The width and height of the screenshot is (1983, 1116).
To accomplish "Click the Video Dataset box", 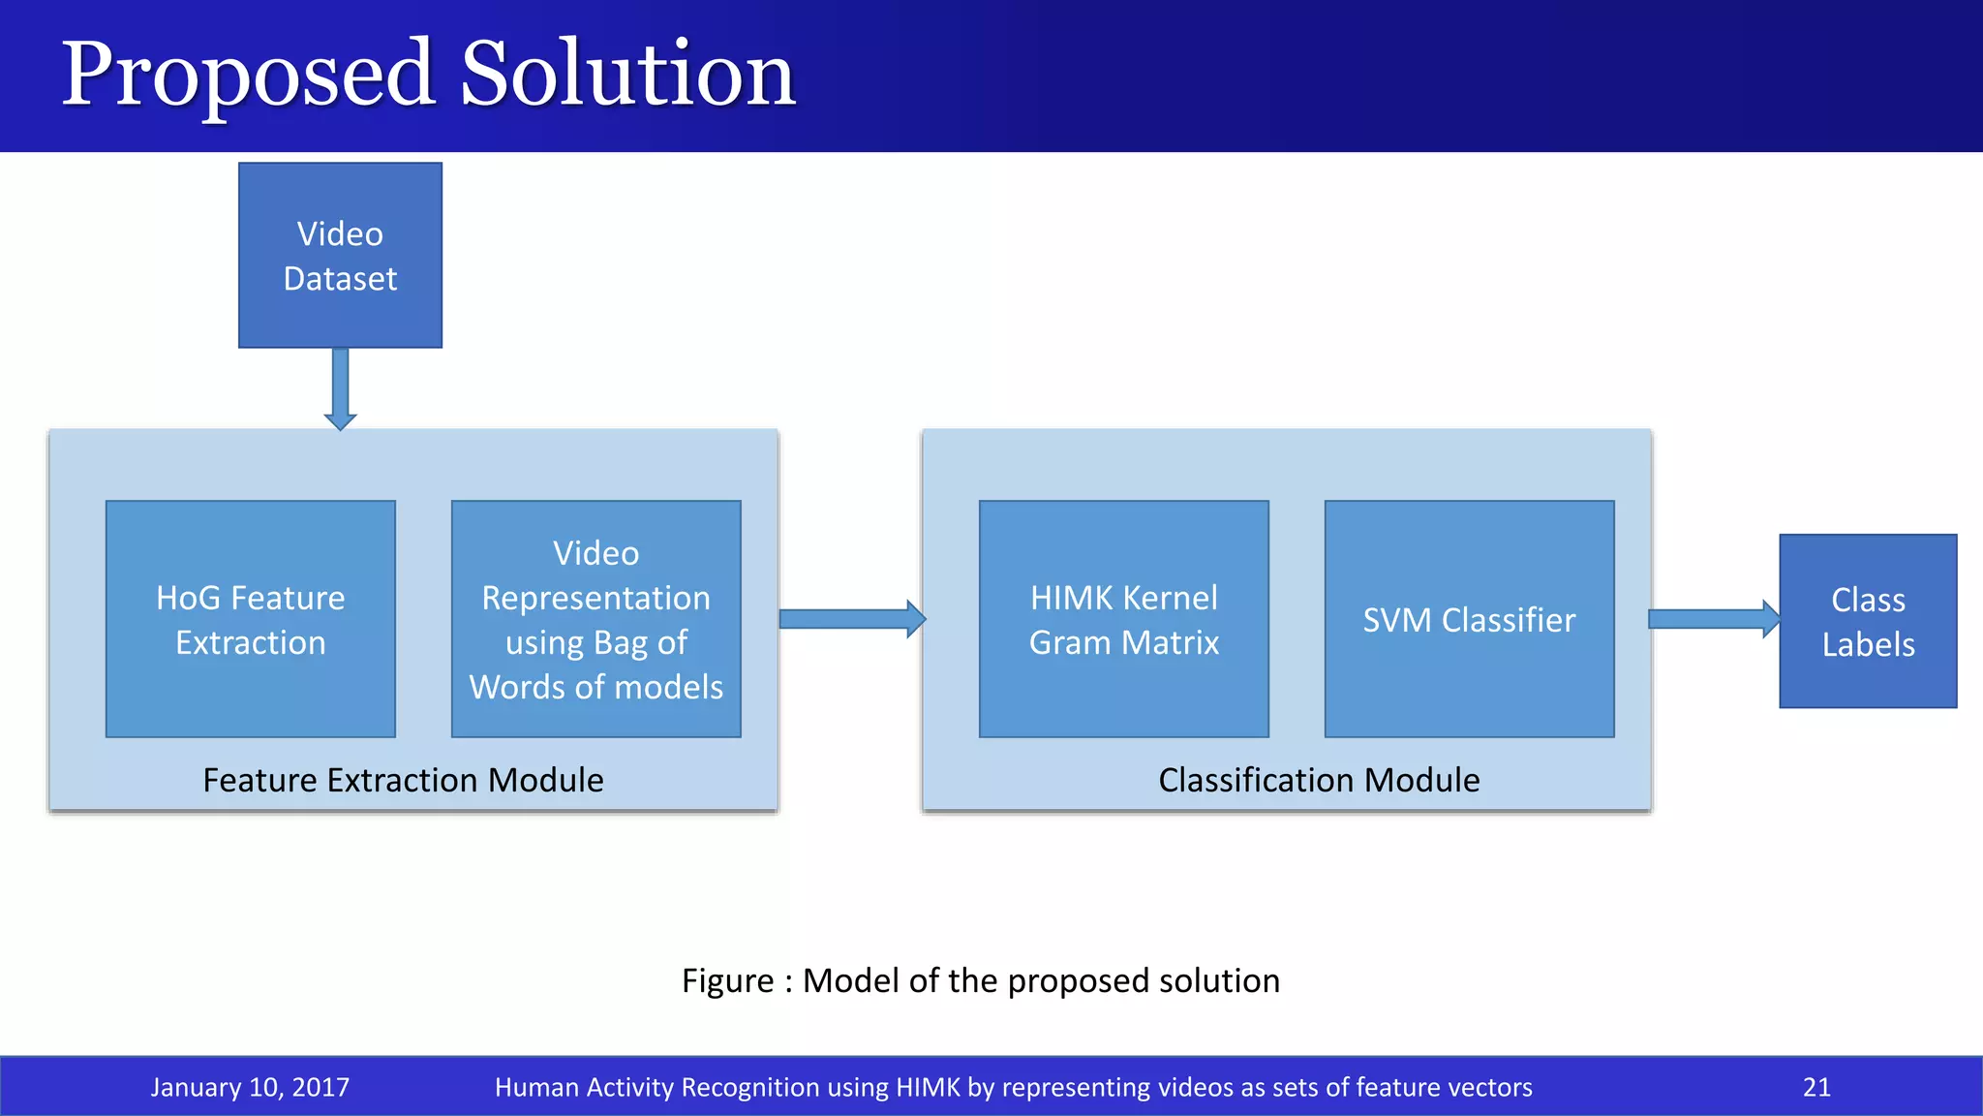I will pyautogui.click(x=340, y=255).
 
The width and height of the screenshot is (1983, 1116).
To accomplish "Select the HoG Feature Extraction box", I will pyautogui.click(x=250, y=619).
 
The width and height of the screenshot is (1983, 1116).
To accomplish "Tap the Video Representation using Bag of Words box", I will pyautogui.click(x=595, y=619).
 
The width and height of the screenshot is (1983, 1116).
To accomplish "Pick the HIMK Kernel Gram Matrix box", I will pyautogui.click(x=1123, y=619).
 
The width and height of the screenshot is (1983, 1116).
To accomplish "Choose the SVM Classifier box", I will pyautogui.click(x=1469, y=619).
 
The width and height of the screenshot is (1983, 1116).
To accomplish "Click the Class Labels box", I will pyautogui.click(x=1868, y=621).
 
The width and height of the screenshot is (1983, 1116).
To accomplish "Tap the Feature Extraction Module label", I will pyautogui.click(x=403, y=780).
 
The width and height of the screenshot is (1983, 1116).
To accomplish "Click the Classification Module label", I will pyautogui.click(x=1319, y=780).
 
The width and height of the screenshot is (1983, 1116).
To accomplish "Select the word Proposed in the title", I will pyautogui.click(x=248, y=76).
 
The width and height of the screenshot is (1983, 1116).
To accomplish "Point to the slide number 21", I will pyautogui.click(x=1816, y=1087).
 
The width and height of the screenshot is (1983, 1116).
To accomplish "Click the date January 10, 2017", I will pyautogui.click(x=250, y=1087).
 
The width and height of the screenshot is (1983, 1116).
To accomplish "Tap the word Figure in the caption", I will pyautogui.click(x=727, y=981).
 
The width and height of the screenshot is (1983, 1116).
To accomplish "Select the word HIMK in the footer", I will pyautogui.click(x=928, y=1087).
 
